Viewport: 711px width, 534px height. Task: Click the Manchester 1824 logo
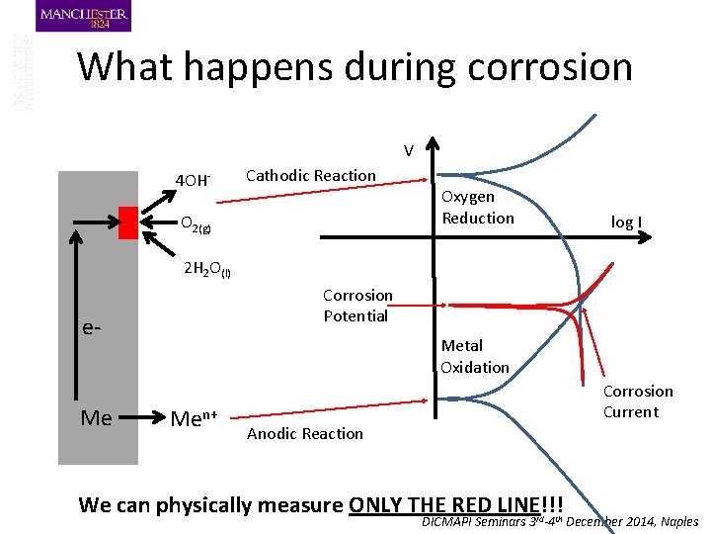click(x=83, y=17)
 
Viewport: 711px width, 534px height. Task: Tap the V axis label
click(x=407, y=151)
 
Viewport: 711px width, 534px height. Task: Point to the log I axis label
click(x=626, y=222)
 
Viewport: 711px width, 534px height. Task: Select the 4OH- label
click(x=193, y=180)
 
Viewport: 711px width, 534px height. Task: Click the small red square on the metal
click(x=127, y=222)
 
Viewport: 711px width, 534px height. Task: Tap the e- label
click(x=91, y=325)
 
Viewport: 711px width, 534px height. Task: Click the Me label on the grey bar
click(x=96, y=417)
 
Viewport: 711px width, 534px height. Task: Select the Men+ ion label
click(x=196, y=417)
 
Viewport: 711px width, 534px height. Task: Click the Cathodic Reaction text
click(x=310, y=176)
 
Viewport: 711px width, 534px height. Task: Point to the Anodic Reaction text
click(x=304, y=433)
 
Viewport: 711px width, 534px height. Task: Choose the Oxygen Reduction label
click(x=478, y=207)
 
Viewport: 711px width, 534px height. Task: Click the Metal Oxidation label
click(x=475, y=356)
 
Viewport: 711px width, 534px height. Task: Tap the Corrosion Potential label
click(x=357, y=306)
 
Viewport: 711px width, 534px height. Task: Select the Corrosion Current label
click(x=638, y=401)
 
